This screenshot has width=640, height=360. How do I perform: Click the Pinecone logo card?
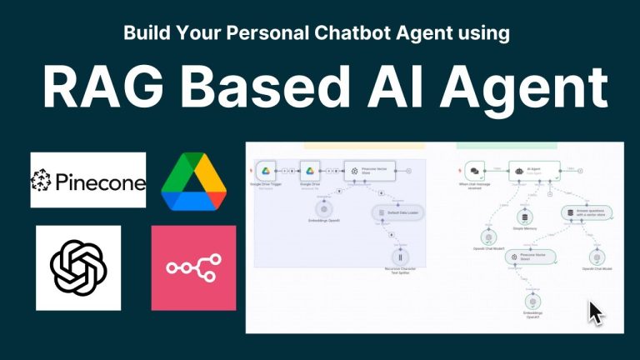87,180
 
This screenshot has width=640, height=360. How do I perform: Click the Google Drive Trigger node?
266,170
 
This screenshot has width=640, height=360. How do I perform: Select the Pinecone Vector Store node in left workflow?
367,170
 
